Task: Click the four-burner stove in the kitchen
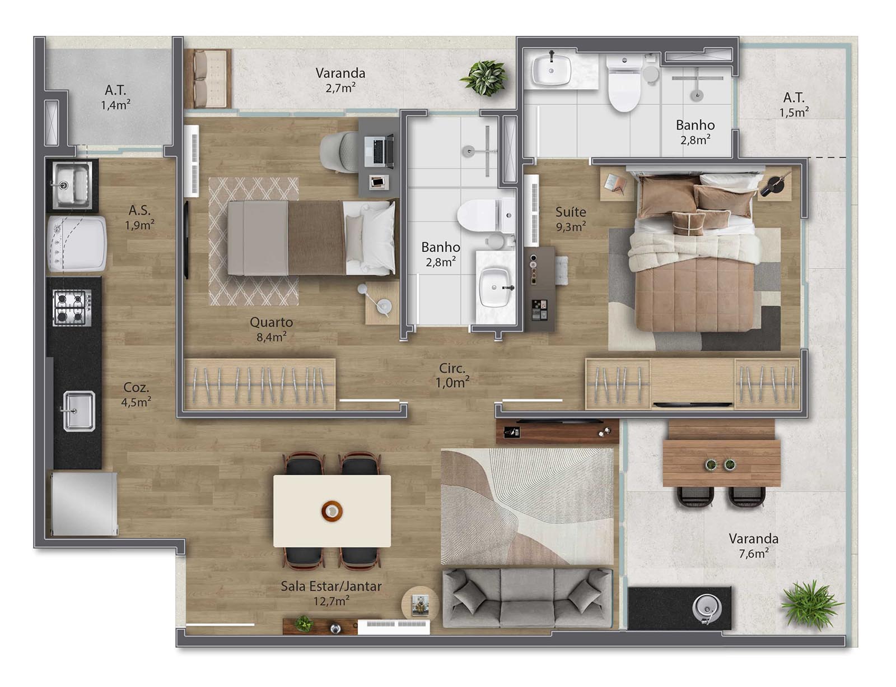(72, 308)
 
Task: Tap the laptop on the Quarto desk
(383, 151)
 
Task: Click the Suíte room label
(570, 212)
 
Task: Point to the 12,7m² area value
(331, 601)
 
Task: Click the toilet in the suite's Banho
(624, 83)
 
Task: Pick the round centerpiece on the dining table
(332, 511)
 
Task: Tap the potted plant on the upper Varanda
(484, 78)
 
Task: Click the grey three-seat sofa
(526, 598)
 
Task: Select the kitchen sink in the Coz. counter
(79, 411)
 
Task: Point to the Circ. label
(452, 368)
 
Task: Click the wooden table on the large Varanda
(722, 462)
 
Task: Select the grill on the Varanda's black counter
(707, 607)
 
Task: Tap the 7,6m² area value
(753, 553)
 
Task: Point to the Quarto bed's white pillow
(377, 238)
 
